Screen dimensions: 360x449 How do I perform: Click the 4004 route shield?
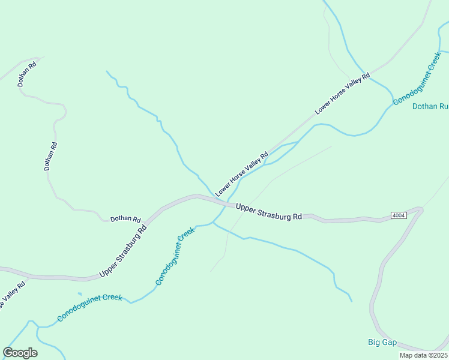(398, 215)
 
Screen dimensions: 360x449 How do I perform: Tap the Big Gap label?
(382, 343)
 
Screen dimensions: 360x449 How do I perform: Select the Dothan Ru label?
(430, 106)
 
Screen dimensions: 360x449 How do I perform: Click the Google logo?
(20, 353)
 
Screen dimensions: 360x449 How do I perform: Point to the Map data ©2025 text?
(423, 355)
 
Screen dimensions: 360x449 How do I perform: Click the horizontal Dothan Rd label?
(125, 220)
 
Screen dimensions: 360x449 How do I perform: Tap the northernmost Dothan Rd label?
(28, 73)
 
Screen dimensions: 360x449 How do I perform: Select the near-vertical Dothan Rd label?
(51, 156)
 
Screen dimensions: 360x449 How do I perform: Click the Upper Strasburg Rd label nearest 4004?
(268, 212)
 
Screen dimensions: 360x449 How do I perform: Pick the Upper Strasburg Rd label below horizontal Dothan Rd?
(123, 251)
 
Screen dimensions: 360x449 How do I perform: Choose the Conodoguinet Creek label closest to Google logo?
(89, 307)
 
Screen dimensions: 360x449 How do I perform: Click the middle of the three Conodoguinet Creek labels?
(175, 256)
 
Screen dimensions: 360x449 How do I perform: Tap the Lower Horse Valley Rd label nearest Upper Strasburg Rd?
(242, 174)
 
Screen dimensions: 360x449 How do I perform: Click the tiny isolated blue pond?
(79, 294)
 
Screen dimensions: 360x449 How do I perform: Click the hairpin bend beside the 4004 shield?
(420, 210)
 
